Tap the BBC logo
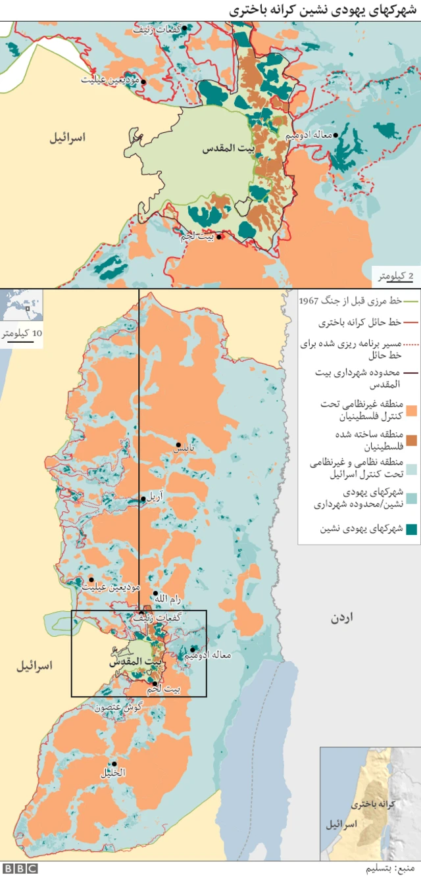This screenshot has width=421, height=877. coord(19,868)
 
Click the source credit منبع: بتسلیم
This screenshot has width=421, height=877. coord(393,868)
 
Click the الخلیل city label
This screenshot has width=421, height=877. coord(112,773)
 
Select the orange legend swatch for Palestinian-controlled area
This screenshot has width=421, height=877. coord(412,411)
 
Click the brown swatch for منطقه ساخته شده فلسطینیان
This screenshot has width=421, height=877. coord(412,439)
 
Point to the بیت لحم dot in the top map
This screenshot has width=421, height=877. coord(219,238)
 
